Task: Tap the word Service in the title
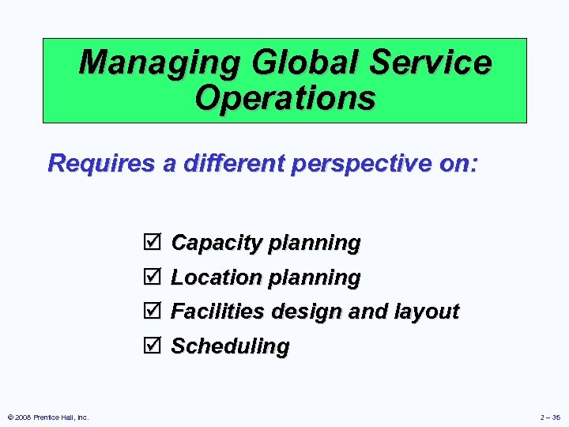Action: tap(435, 62)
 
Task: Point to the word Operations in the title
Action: tap(284, 99)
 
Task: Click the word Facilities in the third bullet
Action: tap(219, 312)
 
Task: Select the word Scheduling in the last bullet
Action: tap(230, 346)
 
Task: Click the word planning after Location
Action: tap(314, 278)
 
